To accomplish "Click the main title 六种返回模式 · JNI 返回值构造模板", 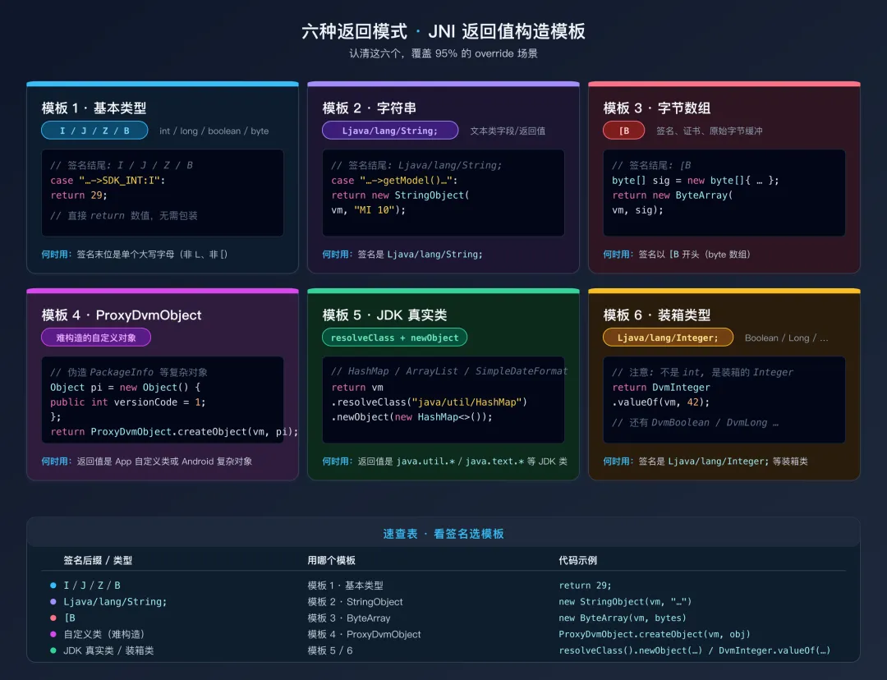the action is pyautogui.click(x=443, y=32).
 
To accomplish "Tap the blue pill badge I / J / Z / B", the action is pyautogui.click(x=94, y=131).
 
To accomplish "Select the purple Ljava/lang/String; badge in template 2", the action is pyautogui.click(x=390, y=131).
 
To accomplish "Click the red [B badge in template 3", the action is pyautogui.click(x=623, y=131).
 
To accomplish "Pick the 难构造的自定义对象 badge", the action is pyautogui.click(x=96, y=338).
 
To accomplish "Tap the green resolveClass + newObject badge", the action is pyautogui.click(x=394, y=338).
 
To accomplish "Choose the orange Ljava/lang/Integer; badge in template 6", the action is pyautogui.click(x=668, y=338).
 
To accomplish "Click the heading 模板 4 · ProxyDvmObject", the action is pyautogui.click(x=122, y=315).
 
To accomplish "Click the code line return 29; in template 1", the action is pyautogui.click(x=79, y=195).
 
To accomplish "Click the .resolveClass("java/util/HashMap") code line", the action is pyautogui.click(x=429, y=402).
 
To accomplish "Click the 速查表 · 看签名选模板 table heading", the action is pyautogui.click(x=443, y=534).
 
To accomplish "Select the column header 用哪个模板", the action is pyautogui.click(x=332, y=561).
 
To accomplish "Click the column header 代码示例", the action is pyautogui.click(x=578, y=561).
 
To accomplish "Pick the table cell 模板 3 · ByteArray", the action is pyautogui.click(x=349, y=618).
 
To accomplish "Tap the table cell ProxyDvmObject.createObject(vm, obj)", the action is pyautogui.click(x=655, y=635).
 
